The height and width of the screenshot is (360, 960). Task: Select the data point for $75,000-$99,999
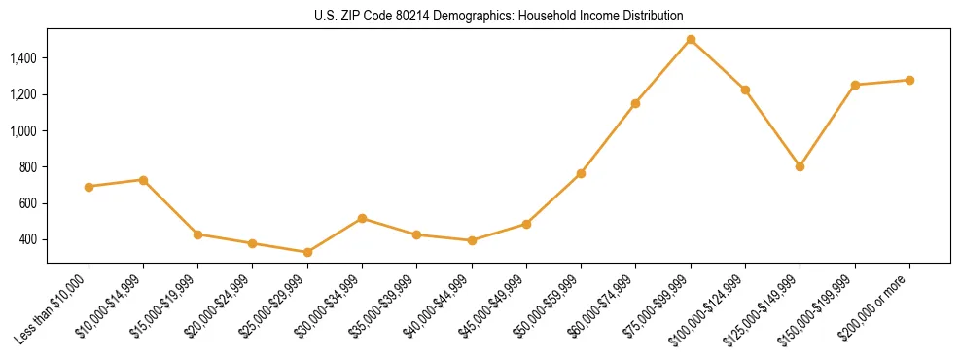[x=691, y=40]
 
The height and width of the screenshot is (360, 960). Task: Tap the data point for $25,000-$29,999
[x=307, y=252]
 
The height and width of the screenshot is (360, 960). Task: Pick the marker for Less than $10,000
[x=89, y=187]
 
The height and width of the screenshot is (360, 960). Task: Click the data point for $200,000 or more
[x=909, y=80]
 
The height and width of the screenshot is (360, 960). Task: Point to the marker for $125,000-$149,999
[x=800, y=166]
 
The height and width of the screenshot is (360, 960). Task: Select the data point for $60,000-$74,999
[x=635, y=103]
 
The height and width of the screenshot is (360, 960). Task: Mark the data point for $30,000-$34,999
[x=362, y=218]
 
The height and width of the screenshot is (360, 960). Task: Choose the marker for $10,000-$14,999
[x=143, y=180]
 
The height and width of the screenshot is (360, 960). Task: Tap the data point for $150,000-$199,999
[x=855, y=85]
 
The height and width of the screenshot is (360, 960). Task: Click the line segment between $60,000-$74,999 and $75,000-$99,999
[x=663, y=71]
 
